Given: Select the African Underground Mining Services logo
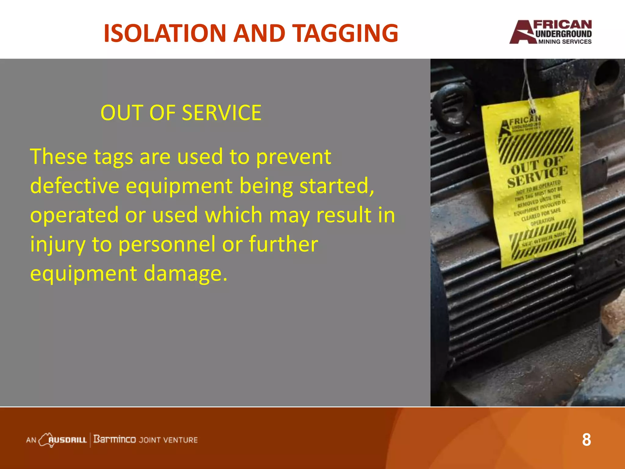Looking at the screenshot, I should pyautogui.click(x=551, y=32).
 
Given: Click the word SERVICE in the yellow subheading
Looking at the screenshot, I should pyautogui.click(x=222, y=113).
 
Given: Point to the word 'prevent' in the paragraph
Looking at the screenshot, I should pyautogui.click(x=293, y=157).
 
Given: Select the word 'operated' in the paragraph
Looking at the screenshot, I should pyautogui.click(x=74, y=215).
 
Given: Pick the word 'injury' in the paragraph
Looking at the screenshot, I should pyautogui.click(x=57, y=245).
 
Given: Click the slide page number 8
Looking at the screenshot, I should pyautogui.click(x=586, y=440).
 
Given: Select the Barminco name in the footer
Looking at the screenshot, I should pyautogui.click(x=114, y=439).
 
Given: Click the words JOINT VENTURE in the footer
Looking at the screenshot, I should pyautogui.click(x=168, y=440).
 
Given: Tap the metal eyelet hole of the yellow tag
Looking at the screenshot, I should pyautogui.click(x=533, y=111).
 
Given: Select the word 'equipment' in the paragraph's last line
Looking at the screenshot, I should pyautogui.click(x=83, y=274).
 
